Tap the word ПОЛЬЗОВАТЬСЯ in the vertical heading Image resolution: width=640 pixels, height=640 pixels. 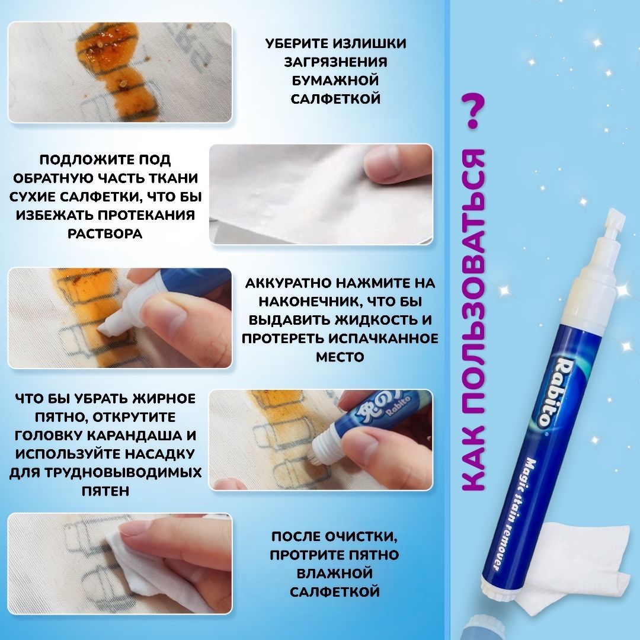pos(473,281)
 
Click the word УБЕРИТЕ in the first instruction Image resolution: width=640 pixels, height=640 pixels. pos(295,44)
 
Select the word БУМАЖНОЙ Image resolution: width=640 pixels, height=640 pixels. pos(335,81)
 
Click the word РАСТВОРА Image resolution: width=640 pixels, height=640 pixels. pos(105,233)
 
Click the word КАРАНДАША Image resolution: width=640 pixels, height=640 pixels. pos(135,436)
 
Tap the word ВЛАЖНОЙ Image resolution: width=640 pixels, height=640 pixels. pos(335,573)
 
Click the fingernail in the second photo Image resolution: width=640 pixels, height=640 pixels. pos(380,159)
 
